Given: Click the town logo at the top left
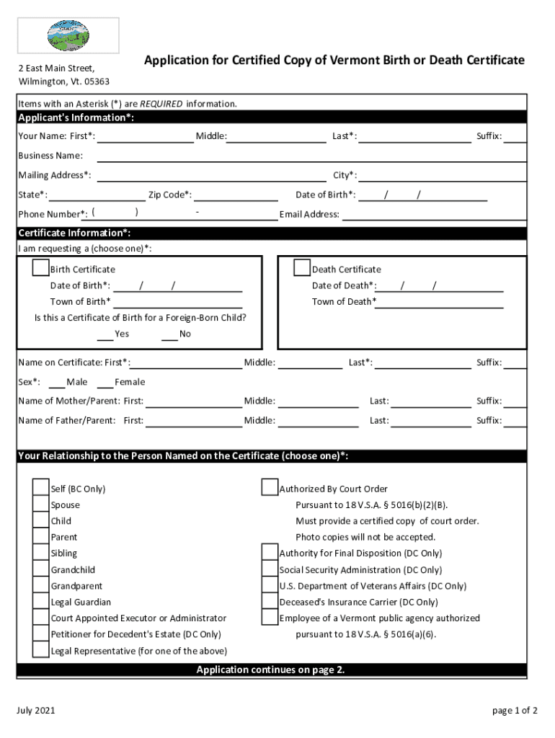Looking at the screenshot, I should coord(68,35).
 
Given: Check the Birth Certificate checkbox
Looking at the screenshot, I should coord(41,268).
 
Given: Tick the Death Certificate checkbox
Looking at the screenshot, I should coord(302,268).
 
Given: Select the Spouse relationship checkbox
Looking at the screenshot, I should coord(41,504).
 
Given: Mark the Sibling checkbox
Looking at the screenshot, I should coord(41,553).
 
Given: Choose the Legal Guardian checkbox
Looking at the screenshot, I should coord(41,601).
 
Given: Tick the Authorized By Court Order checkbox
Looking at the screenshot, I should coord(270,488).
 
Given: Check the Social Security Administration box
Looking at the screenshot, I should coord(270,569).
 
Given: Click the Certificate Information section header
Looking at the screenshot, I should coord(75,233).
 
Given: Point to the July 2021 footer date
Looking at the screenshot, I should coord(36,711).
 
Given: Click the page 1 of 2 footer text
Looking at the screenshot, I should coord(515,711).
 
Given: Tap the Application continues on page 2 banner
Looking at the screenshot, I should coord(271,670).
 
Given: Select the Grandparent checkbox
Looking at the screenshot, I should coord(41,585).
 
